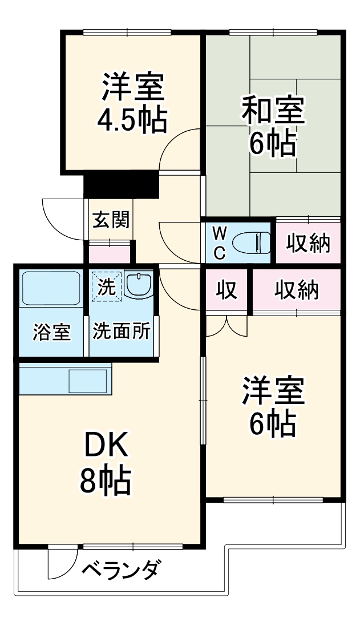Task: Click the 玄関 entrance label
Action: [x=111, y=219]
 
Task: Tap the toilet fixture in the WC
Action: [x=254, y=243]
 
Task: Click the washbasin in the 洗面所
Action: [x=139, y=284]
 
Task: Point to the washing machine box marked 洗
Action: [x=106, y=285]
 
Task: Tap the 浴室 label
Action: [x=51, y=332]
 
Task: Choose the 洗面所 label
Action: [x=122, y=332]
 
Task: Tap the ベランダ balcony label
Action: [x=122, y=570]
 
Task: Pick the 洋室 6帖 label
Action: [x=272, y=406]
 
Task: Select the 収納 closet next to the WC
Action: [x=308, y=244]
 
